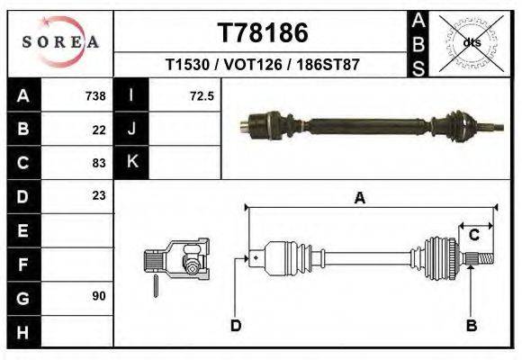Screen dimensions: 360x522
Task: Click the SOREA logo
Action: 60,41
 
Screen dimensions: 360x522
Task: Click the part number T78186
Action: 263,33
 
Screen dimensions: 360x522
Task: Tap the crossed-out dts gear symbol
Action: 470,41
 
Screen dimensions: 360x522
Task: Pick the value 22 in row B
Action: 99,130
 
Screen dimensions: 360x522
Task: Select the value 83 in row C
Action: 99,163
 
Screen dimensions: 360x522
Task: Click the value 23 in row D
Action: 99,195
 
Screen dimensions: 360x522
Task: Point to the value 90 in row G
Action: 99,295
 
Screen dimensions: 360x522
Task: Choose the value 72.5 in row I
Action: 202,96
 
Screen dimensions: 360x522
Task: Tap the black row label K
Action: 132,163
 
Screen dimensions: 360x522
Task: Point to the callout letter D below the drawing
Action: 235,326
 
